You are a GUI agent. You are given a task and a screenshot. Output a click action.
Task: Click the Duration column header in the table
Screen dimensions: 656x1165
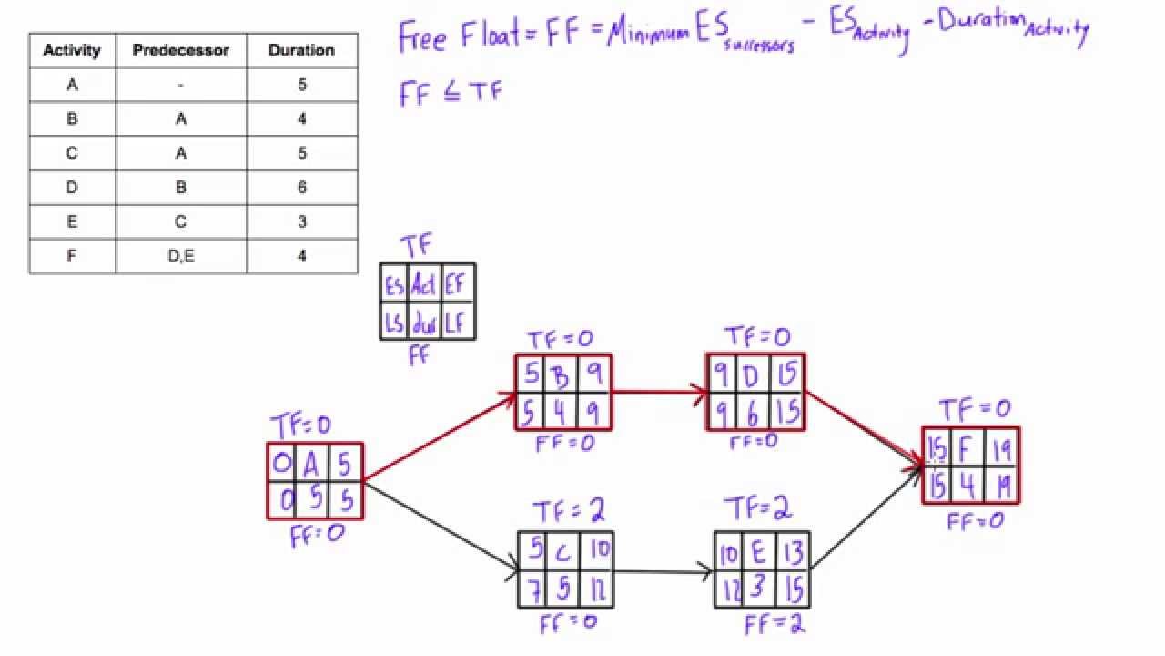tap(301, 50)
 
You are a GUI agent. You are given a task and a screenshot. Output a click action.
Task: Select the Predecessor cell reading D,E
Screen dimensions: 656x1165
tap(181, 256)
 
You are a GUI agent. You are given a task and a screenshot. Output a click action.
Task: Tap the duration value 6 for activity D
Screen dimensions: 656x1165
tap(301, 188)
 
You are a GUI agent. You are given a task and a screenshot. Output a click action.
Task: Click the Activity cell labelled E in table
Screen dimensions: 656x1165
tap(72, 221)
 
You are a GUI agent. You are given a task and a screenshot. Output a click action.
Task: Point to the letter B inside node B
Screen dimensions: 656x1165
tap(562, 374)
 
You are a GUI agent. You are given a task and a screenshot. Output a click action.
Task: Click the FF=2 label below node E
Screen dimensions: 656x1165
tap(775, 625)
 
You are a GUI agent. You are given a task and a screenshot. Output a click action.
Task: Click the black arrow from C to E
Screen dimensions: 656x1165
tap(663, 571)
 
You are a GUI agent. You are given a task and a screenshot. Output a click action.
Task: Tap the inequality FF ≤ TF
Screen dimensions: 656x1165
tap(451, 93)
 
